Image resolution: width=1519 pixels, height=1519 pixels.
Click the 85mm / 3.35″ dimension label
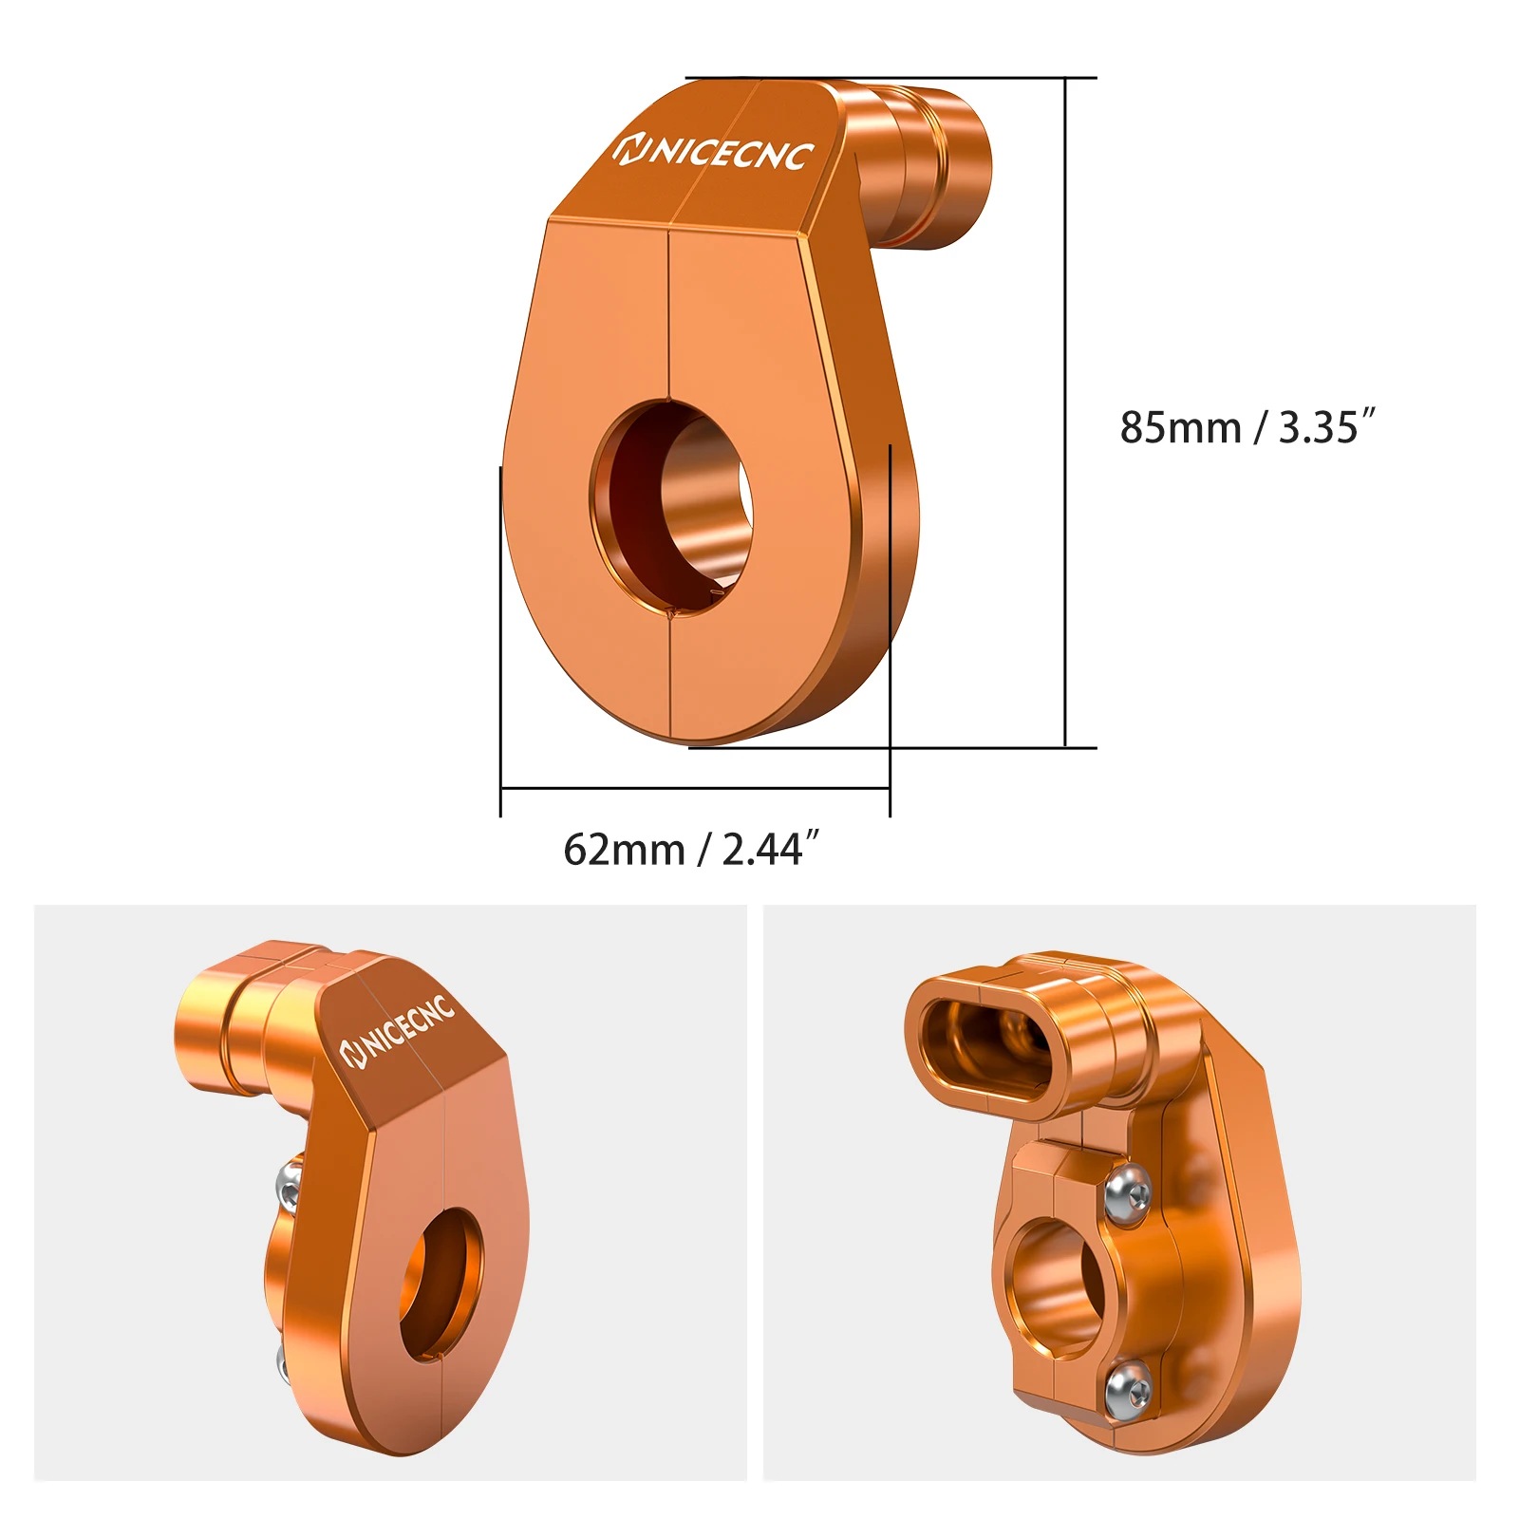pos(1247,428)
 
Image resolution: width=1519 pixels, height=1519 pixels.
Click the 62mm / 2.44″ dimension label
pos(690,850)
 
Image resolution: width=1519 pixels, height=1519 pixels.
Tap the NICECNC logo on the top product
pos(714,152)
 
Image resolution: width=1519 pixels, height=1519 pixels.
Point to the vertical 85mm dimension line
pos(1065,412)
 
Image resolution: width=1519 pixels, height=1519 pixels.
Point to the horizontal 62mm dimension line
pos(694,788)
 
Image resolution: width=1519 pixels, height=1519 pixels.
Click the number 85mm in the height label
pos(1180,428)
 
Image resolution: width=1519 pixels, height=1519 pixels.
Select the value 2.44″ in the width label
pos(770,850)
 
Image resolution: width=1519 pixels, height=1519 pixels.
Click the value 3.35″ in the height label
pos(1326,428)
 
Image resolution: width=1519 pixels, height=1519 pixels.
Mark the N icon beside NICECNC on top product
pos(629,149)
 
